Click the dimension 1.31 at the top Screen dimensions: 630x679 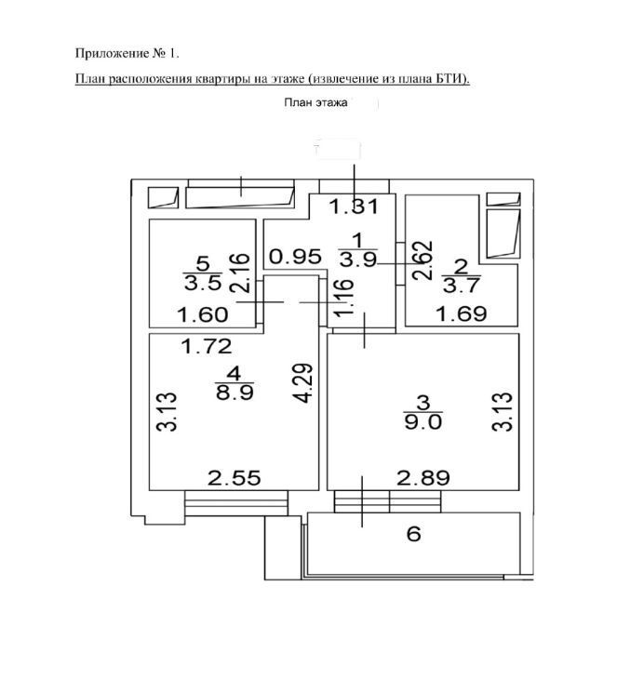[x=354, y=206]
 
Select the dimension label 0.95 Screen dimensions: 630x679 [x=296, y=257]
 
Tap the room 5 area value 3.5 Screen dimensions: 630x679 [x=203, y=283]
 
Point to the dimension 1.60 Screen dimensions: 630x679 [x=203, y=314]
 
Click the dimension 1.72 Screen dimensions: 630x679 [x=207, y=346]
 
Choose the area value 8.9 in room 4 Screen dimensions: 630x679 [x=235, y=392]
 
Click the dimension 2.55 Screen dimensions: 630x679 [x=235, y=478]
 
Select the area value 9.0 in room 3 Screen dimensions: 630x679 [x=423, y=421]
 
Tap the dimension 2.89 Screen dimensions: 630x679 [x=423, y=478]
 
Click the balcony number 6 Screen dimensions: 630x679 [x=414, y=534]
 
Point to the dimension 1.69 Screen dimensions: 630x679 [x=462, y=313]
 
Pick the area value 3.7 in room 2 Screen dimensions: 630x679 [x=461, y=286]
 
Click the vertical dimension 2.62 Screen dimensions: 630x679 [x=422, y=260]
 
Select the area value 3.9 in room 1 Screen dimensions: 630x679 [x=358, y=260]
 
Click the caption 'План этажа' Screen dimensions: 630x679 [x=315, y=102]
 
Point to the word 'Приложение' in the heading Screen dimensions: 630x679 [x=113, y=54]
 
